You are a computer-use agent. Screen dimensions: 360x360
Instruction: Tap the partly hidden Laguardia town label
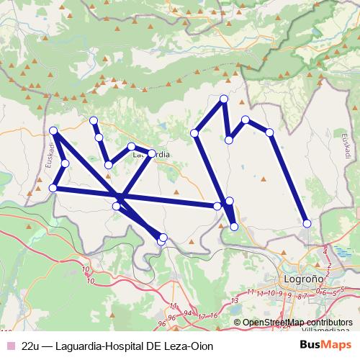pos(153,154)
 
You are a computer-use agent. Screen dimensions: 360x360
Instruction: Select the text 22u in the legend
pos(30,345)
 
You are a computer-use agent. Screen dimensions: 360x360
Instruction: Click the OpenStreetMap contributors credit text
pos(297,323)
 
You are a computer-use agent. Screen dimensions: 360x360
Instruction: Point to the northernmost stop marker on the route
pos(224,99)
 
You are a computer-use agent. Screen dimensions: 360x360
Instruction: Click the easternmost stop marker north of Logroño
pos(307,224)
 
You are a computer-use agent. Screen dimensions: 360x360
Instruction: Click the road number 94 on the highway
pos(188,314)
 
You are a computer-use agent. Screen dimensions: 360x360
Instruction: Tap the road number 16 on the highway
pos(213,315)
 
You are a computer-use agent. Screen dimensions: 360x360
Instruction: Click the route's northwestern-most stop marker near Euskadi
pos(54,130)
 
